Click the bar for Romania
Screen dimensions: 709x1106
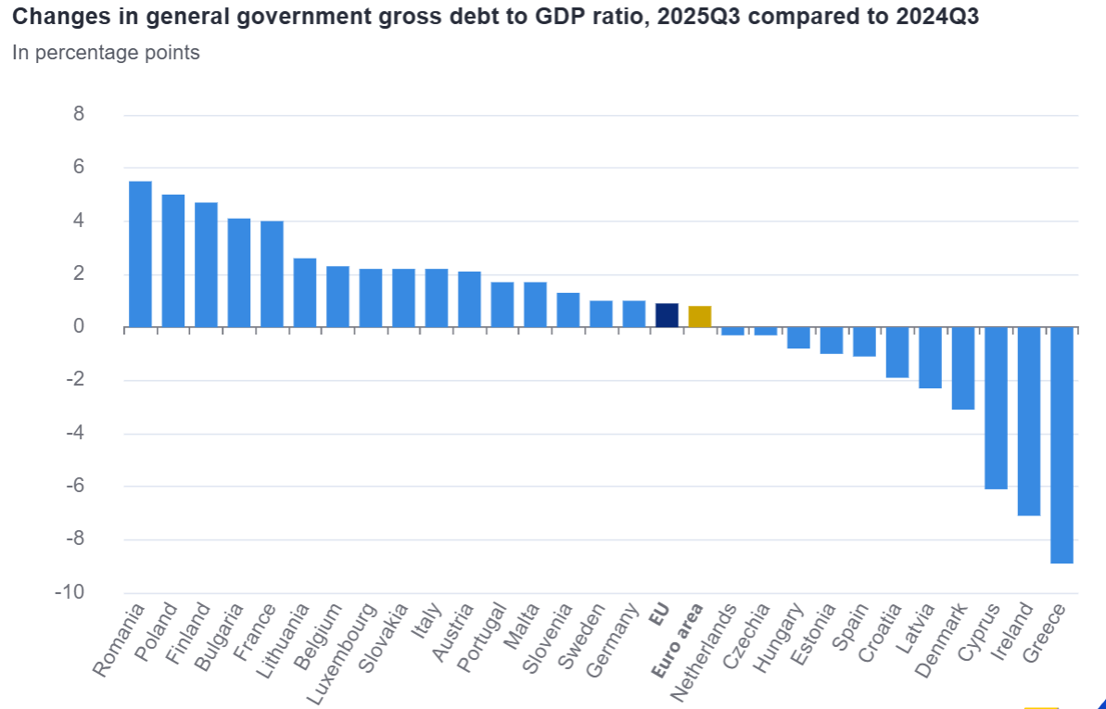[x=140, y=254]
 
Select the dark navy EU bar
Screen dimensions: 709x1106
[x=667, y=315]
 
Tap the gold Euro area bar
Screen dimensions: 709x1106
[x=700, y=316]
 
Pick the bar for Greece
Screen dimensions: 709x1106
[x=1062, y=445]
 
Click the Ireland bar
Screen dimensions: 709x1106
[x=1029, y=421]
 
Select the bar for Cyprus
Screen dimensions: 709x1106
[x=996, y=408]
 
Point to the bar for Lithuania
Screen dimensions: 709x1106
[x=305, y=293]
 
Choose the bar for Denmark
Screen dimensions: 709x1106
[x=963, y=368]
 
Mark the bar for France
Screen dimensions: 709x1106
[x=272, y=274]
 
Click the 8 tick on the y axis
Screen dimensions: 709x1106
[x=78, y=115]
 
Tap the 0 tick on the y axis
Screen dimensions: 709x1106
[x=78, y=327]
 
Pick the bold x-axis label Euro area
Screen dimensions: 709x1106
[x=677, y=643]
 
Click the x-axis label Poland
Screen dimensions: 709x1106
[x=157, y=633]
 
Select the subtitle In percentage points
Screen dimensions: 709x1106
[x=106, y=53]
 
